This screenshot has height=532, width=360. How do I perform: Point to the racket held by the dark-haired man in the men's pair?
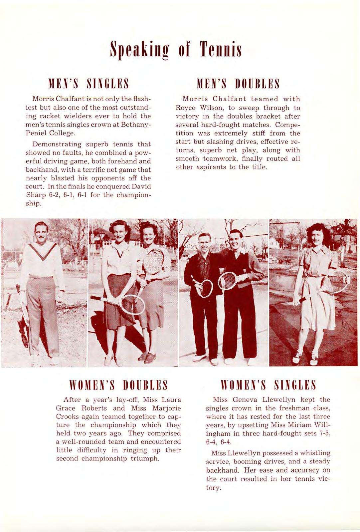tap(228, 280)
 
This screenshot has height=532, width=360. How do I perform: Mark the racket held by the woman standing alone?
tap(335, 282)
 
